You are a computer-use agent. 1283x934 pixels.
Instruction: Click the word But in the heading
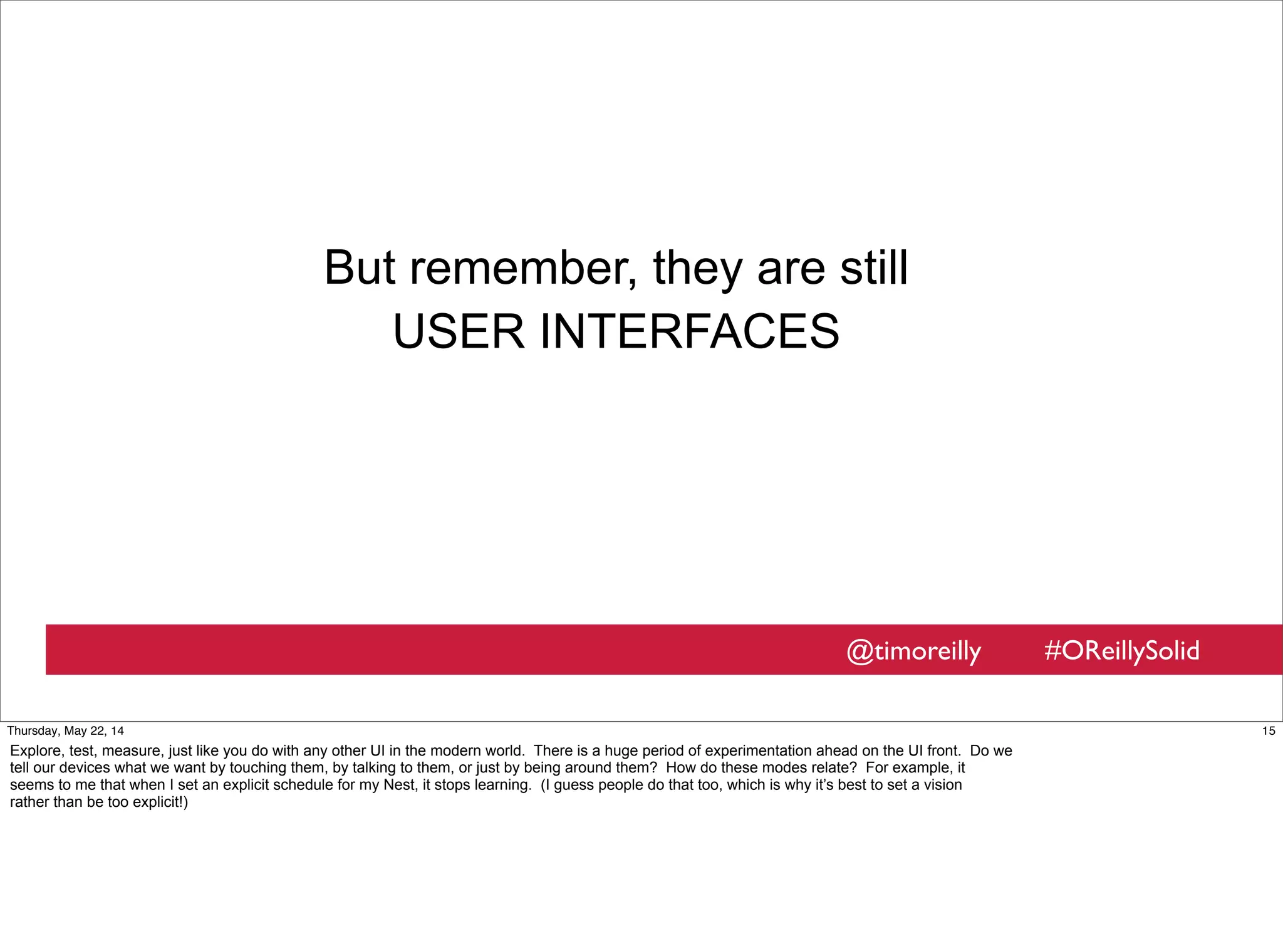(x=360, y=268)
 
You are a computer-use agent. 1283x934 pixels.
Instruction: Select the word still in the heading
(x=874, y=268)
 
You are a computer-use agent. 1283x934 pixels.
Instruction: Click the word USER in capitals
(x=458, y=332)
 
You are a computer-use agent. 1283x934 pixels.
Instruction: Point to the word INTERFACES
(x=689, y=332)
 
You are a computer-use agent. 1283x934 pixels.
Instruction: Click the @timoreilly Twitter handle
(x=913, y=651)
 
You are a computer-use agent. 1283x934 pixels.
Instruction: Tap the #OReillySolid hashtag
(x=1121, y=651)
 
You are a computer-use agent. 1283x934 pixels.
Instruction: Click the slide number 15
(x=1268, y=731)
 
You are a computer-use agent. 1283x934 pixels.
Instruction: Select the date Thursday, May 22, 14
(x=65, y=731)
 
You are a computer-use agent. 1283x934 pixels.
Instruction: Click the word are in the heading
(x=791, y=268)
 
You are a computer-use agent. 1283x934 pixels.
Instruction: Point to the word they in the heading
(x=697, y=268)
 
